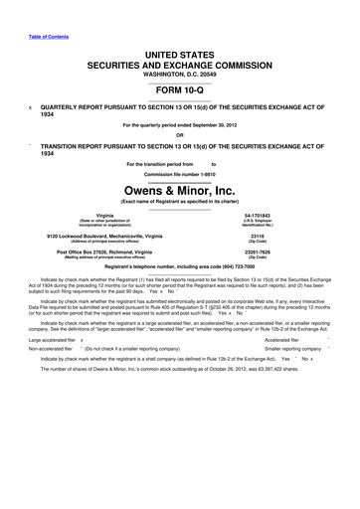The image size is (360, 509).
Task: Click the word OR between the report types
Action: [x=179, y=136]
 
